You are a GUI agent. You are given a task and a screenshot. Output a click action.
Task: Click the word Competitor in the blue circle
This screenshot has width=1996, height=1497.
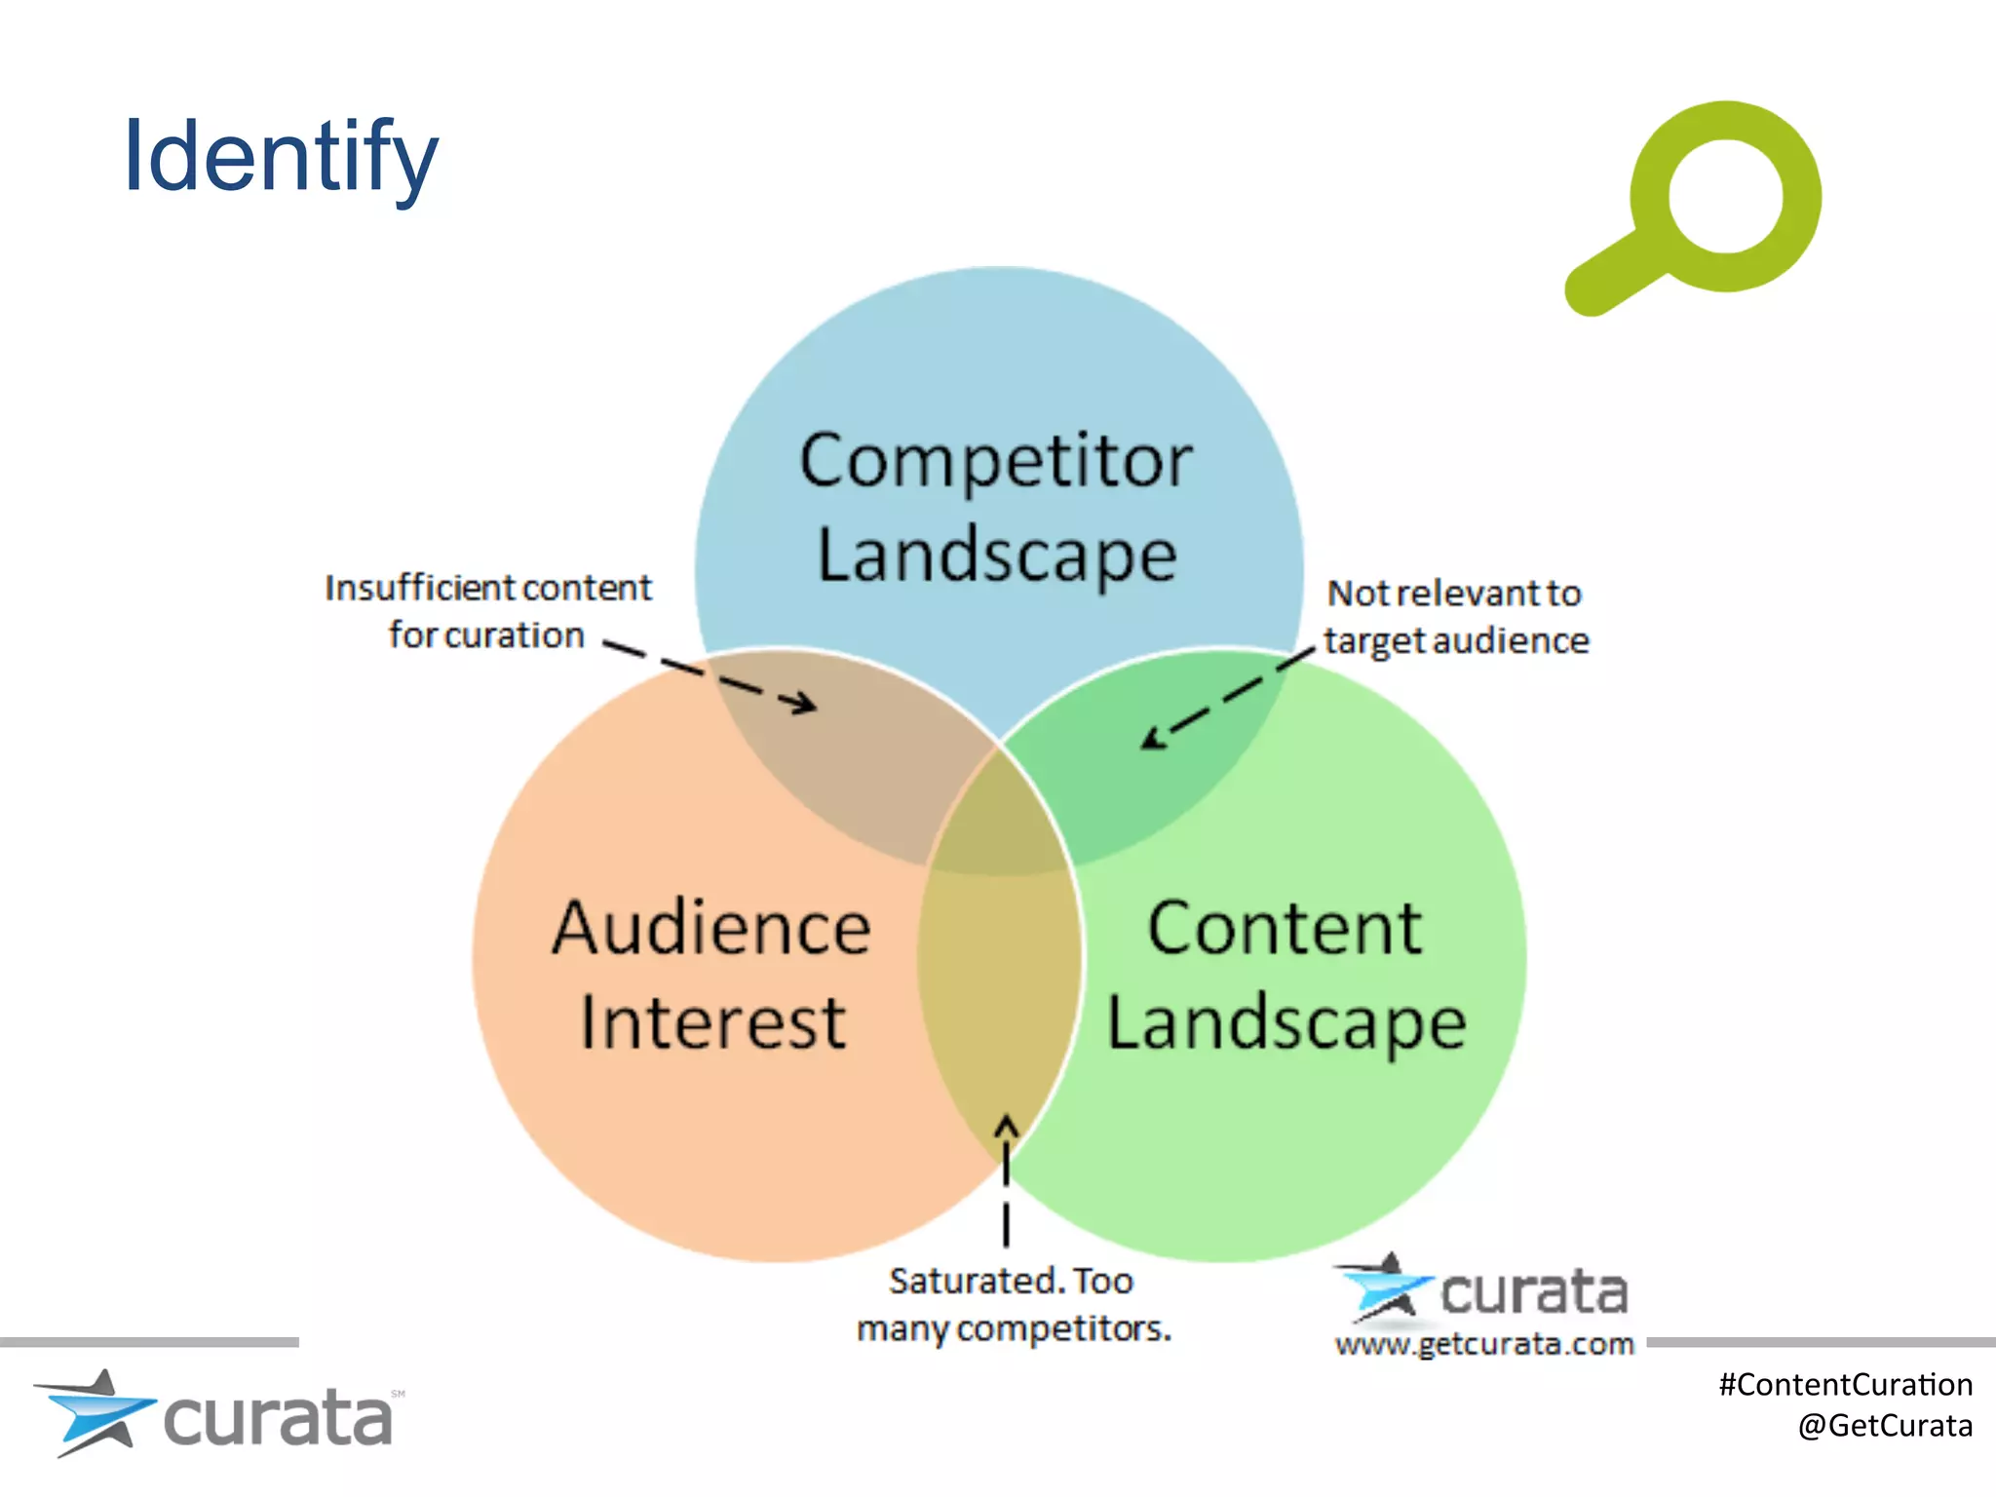[x=995, y=461]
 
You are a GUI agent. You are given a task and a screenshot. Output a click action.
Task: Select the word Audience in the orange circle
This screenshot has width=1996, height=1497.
[x=710, y=927]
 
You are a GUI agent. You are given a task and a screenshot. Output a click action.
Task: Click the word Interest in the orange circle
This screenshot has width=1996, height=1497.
[x=712, y=1023]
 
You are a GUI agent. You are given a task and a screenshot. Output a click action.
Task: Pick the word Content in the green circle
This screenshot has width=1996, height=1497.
[x=1285, y=927]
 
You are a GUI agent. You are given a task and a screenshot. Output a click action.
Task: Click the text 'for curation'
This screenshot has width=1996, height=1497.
[x=486, y=635]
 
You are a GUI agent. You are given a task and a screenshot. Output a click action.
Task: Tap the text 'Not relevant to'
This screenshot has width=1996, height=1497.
[x=1453, y=594]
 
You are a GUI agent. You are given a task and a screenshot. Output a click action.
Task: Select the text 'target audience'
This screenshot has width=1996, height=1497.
[x=1456, y=641]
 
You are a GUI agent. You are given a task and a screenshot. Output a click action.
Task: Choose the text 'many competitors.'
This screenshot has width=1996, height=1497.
[x=1014, y=1328]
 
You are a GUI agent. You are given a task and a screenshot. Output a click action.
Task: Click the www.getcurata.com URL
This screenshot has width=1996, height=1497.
[x=1483, y=1345]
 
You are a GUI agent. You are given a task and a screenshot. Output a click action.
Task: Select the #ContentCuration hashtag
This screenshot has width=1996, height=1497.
[x=1845, y=1385]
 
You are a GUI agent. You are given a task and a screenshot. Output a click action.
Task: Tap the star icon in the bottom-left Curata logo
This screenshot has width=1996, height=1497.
[x=96, y=1412]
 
